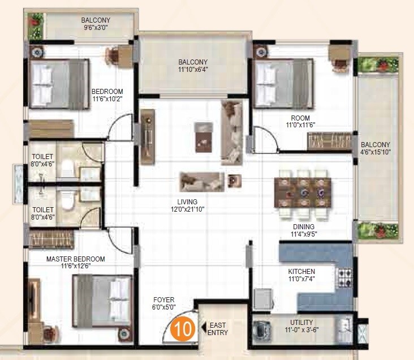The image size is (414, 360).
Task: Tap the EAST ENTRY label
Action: pyautogui.click(x=218, y=329)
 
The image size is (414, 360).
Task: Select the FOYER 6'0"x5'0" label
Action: pyautogui.click(x=163, y=303)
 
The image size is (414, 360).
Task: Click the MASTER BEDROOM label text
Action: pyautogui.click(x=75, y=263)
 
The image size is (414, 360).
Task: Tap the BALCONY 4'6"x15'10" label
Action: pyautogui.click(x=376, y=148)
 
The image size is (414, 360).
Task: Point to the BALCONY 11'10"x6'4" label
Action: pyautogui.click(x=193, y=66)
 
